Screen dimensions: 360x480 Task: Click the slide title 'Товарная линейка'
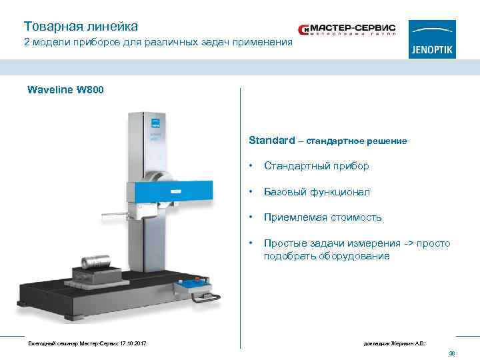pos(81,27)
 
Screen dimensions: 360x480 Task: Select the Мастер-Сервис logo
pos(347,30)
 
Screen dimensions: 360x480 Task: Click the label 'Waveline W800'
pos(65,89)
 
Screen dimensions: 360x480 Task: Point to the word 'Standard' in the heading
pos(271,141)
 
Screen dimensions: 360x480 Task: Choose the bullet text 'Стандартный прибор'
pos(316,166)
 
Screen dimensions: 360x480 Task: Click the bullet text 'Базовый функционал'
pos(317,192)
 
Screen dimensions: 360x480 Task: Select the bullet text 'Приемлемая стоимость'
pos(323,217)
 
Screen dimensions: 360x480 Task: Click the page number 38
pos(451,353)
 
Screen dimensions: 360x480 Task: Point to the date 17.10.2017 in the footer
pos(131,343)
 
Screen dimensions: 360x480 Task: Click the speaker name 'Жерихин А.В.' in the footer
pos(409,343)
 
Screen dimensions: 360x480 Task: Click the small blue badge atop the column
pos(155,123)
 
